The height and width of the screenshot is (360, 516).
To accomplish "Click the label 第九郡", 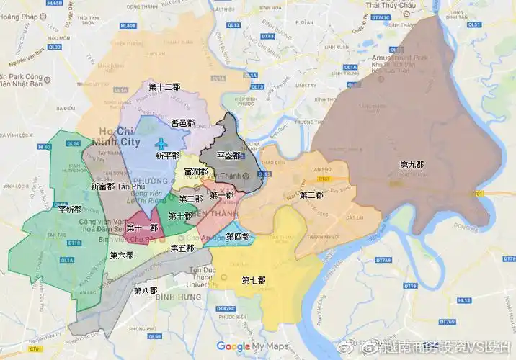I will pos(412,165).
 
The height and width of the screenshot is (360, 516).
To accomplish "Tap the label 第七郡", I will pos(254,280).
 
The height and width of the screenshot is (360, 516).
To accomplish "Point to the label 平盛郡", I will pos(228,156).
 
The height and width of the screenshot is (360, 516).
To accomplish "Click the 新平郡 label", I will pos(167,156).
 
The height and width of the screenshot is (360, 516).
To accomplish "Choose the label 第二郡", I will pos(311,195).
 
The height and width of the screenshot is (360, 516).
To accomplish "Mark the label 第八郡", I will pos(145,291).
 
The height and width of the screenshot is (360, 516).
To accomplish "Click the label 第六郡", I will pos(122,255).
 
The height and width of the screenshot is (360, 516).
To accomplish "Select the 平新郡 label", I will pos(69,210).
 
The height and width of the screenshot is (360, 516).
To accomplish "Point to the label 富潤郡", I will pos(195,172).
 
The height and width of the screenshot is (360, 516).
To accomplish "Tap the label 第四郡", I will pos(237,236).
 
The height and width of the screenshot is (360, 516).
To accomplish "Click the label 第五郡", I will pos(182,248).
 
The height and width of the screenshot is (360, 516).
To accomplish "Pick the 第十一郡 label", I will pos(142,228).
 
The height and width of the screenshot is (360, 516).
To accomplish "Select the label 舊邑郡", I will pos(182,123).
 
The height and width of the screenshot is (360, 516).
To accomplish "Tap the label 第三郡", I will pos(190,199).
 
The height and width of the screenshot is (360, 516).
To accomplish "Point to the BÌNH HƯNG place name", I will pos(177,297).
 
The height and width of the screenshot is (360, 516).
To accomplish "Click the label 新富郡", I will pos(102,186).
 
